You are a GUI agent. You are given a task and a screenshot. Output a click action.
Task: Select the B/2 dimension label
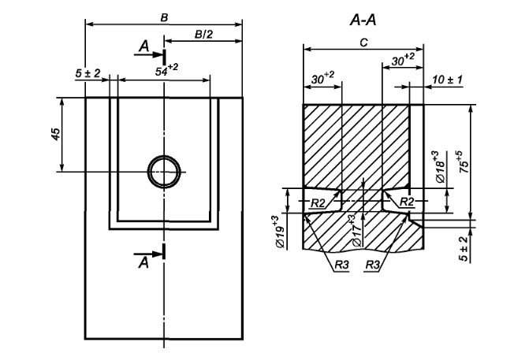pyautogui.click(x=203, y=34)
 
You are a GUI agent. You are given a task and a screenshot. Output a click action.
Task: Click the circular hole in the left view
pyautogui.click(x=164, y=170)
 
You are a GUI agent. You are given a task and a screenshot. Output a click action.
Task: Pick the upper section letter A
pyautogui.click(x=143, y=49)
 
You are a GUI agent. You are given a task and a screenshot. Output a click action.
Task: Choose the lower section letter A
pyautogui.click(x=143, y=260)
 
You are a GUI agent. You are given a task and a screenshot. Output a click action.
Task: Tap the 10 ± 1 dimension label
pyautogui.click(x=448, y=80)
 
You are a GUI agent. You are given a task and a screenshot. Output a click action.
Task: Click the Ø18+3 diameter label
pyautogui.click(x=441, y=169)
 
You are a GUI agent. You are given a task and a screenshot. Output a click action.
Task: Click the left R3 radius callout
pyautogui.click(x=341, y=265)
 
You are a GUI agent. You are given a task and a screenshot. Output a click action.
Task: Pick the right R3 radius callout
pyautogui.click(x=374, y=265)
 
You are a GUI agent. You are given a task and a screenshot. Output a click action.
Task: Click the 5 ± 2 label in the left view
pyautogui.click(x=88, y=72)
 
